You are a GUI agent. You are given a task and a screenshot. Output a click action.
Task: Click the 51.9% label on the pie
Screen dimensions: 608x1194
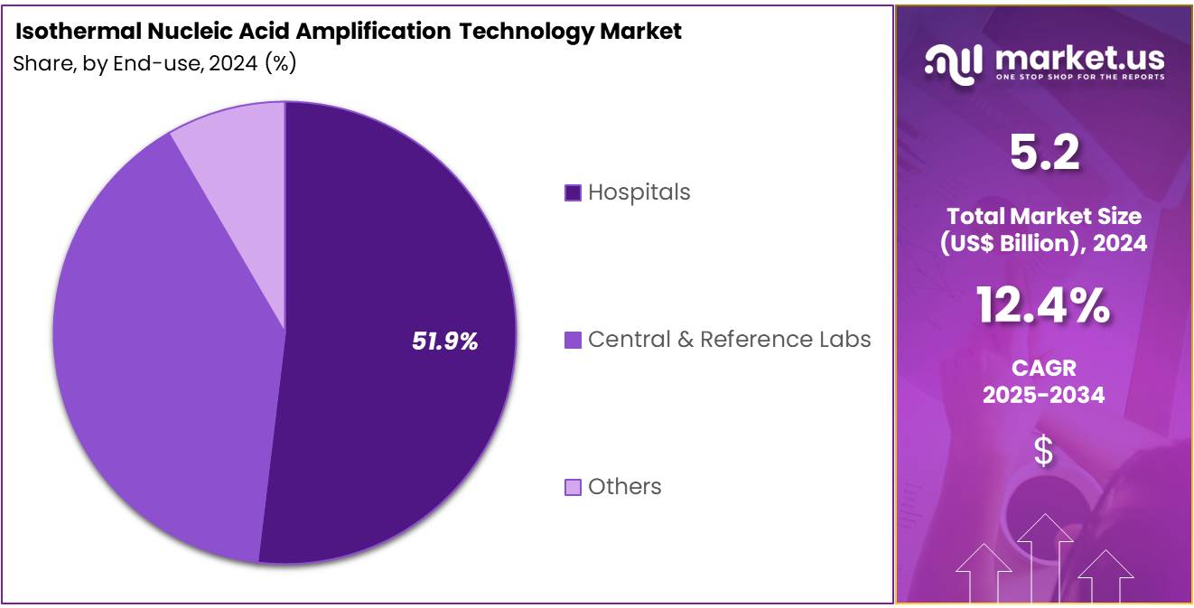444,341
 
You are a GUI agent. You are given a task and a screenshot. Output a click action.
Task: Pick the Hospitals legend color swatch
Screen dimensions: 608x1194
573,192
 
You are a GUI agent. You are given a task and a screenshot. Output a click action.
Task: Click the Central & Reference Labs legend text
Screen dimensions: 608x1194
729,340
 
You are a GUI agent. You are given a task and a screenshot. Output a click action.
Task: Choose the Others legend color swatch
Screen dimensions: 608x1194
573,487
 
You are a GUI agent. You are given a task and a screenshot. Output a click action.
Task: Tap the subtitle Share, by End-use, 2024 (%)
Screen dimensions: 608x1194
154,64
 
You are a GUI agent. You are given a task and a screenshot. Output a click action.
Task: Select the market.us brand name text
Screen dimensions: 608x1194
1079,59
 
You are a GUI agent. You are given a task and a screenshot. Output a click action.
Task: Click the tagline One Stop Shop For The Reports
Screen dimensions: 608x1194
1079,77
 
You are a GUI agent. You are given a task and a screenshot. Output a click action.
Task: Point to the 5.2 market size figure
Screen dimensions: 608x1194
1043,154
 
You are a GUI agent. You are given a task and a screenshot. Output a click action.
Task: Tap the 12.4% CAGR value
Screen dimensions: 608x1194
1043,305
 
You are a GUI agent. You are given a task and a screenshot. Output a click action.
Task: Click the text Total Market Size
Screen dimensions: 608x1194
1043,216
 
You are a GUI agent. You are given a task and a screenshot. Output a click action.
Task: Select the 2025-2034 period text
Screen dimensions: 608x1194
1043,395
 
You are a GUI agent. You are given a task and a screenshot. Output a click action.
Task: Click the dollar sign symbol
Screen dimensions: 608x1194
1043,451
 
